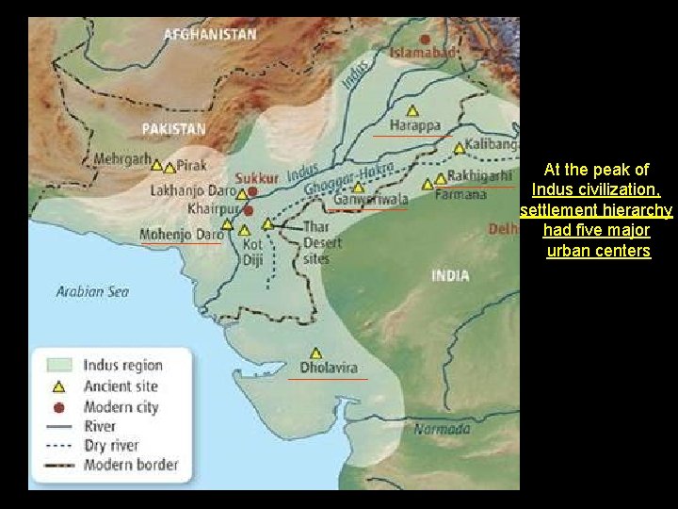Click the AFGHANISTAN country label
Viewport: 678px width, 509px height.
pyautogui.click(x=210, y=34)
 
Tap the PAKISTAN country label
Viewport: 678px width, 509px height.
pyautogui.click(x=173, y=128)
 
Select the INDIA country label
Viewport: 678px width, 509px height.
pyautogui.click(x=450, y=275)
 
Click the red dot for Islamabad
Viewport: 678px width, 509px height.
pyautogui.click(x=426, y=40)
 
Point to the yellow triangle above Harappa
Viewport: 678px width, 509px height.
pyautogui.click(x=412, y=110)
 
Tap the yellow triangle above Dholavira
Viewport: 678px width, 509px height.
pyautogui.click(x=316, y=353)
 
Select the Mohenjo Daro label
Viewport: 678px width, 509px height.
pyautogui.click(x=182, y=234)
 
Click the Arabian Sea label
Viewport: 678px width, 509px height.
pyautogui.click(x=92, y=291)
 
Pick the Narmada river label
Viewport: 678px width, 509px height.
pyautogui.click(x=441, y=430)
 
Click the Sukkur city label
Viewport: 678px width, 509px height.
pyautogui.click(x=257, y=177)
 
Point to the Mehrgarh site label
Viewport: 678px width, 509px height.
pyautogui.click(x=121, y=160)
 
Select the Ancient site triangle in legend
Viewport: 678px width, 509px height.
pyautogui.click(x=57, y=386)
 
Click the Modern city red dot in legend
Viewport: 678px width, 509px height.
pyautogui.click(x=57, y=407)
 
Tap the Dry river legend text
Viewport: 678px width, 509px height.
pyautogui.click(x=111, y=445)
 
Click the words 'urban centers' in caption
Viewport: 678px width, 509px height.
pyautogui.click(x=598, y=251)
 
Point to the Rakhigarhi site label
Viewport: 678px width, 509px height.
pyautogui.click(x=479, y=175)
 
